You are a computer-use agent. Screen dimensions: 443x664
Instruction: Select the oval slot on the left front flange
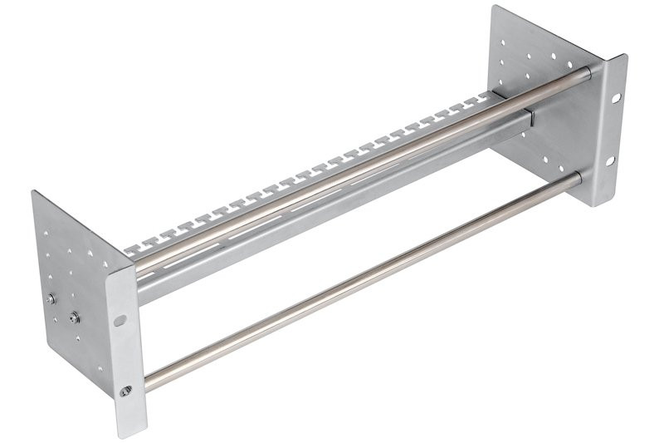pyautogui.click(x=121, y=319)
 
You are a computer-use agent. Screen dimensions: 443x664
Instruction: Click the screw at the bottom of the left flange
pyautogui.click(x=125, y=390)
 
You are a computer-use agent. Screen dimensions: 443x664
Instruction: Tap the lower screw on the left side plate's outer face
pyautogui.click(x=76, y=317)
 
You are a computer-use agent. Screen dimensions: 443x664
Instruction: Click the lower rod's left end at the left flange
pyautogui.click(x=149, y=384)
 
